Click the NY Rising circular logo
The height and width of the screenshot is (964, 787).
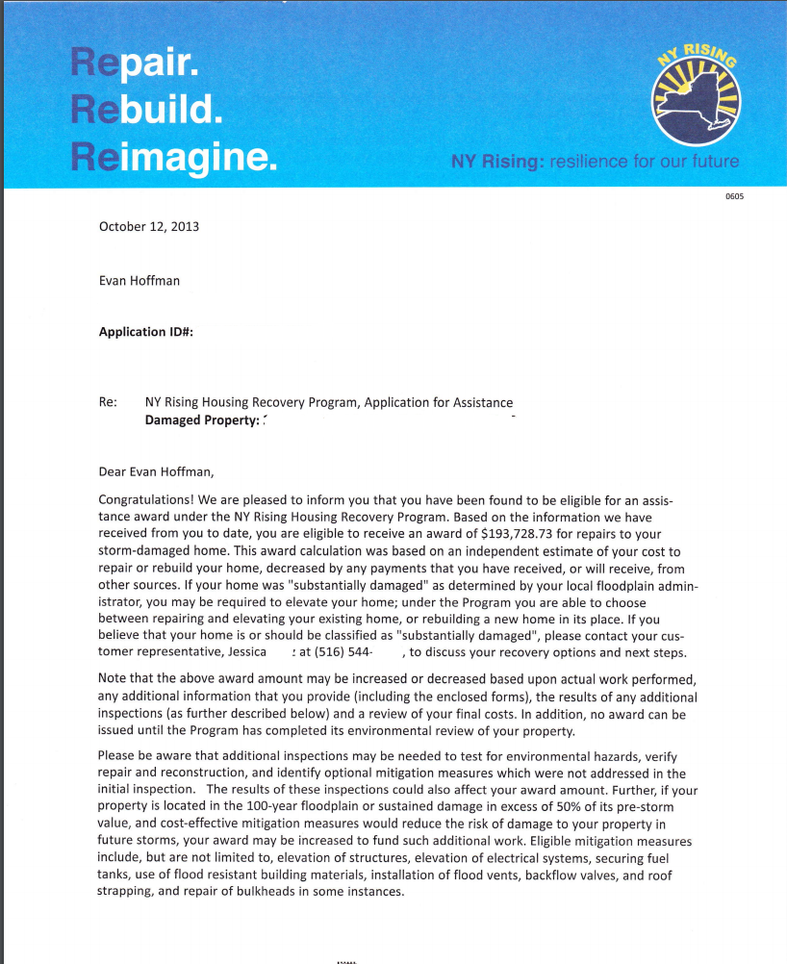[x=696, y=94]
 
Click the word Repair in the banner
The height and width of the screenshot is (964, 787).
[x=135, y=65]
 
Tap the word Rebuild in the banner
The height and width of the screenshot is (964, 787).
[x=147, y=110]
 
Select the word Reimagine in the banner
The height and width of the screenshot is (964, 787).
[x=174, y=155]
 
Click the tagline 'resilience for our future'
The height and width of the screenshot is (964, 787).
[x=644, y=162]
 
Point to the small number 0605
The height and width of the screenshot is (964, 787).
[x=735, y=196]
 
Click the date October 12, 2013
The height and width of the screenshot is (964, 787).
[x=149, y=227]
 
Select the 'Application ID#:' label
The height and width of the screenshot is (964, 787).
[x=146, y=332]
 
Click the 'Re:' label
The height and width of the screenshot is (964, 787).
[x=108, y=402]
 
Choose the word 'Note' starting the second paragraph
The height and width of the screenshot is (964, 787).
[x=114, y=679]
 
